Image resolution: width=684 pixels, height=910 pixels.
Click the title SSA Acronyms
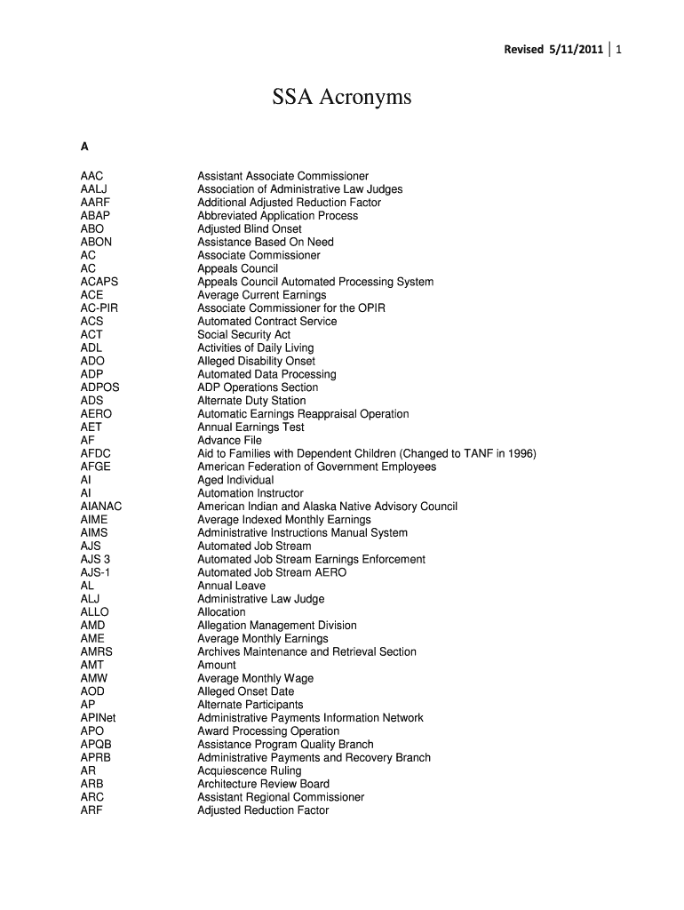click(x=342, y=98)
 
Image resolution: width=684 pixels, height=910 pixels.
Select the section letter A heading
click(x=84, y=148)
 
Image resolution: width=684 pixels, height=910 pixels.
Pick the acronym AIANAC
click(x=101, y=507)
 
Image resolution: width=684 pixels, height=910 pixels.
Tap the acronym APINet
click(x=98, y=718)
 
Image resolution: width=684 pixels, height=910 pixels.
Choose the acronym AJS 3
click(x=95, y=560)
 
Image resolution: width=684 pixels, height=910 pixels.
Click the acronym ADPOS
click(x=99, y=387)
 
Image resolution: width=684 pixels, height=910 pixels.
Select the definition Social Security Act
click(x=243, y=335)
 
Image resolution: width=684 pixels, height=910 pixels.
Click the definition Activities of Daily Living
click(x=255, y=348)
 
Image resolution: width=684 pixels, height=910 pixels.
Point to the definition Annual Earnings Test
click(x=251, y=427)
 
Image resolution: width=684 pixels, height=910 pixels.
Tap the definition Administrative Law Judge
click(x=260, y=599)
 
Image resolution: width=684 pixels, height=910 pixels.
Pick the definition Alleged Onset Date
click(x=245, y=691)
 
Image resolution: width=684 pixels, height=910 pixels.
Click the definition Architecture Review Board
click(x=263, y=784)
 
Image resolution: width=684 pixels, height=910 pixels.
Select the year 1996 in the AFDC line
click(x=520, y=454)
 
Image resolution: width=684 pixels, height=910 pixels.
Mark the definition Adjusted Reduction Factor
click(x=263, y=810)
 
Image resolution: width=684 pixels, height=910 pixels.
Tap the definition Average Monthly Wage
click(x=255, y=678)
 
